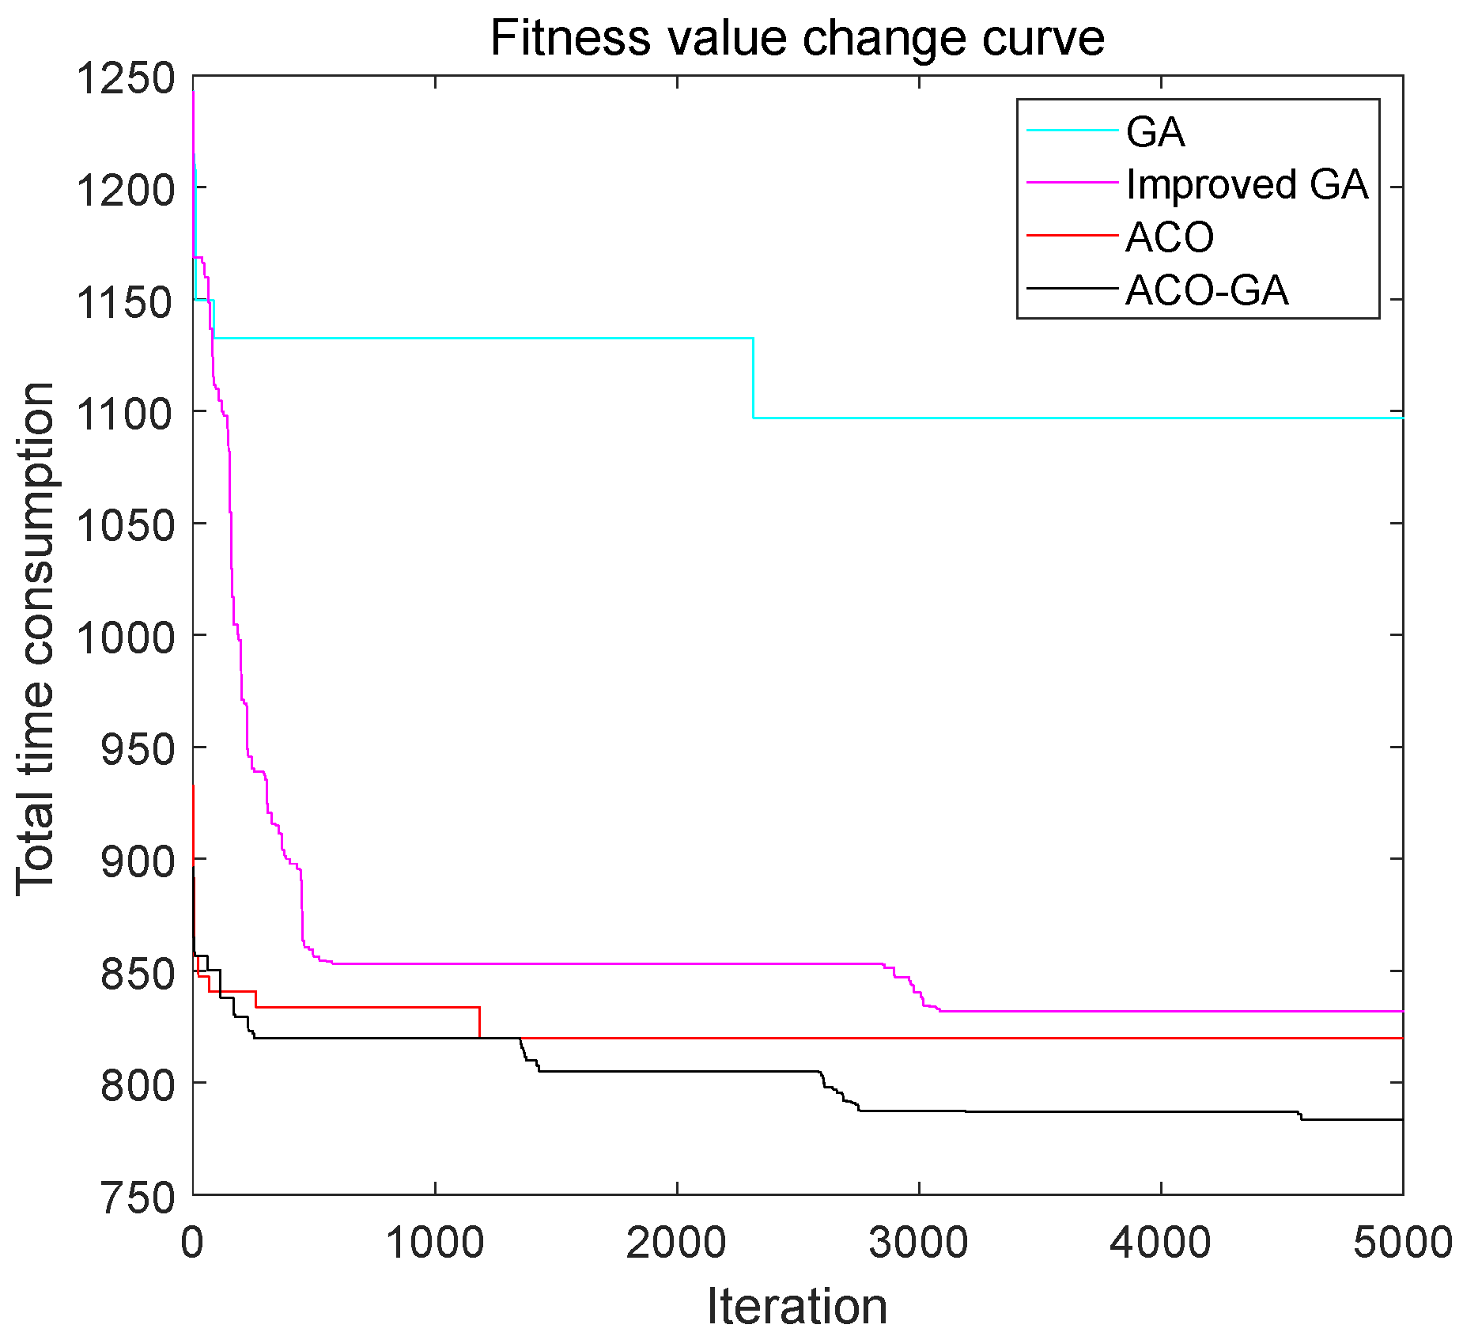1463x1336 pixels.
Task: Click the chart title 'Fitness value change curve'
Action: coord(797,38)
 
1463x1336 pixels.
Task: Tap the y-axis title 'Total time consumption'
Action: coord(36,639)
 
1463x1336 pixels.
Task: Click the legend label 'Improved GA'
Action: coord(1247,184)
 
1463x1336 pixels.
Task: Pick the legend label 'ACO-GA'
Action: coord(1207,290)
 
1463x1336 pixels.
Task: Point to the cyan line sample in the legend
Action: coord(1072,131)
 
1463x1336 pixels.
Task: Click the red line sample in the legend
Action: coord(1072,235)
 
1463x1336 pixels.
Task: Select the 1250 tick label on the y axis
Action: coord(125,78)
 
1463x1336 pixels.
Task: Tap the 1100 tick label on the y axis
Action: coord(125,413)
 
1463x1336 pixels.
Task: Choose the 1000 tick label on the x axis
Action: coord(434,1243)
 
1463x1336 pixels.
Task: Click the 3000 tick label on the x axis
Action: coord(918,1243)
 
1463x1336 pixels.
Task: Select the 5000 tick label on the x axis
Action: coord(1402,1243)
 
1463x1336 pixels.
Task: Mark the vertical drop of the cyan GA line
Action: coord(754,378)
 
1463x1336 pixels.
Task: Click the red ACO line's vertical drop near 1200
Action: coord(480,1022)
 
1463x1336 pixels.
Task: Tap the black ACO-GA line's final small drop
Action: coord(1301,1116)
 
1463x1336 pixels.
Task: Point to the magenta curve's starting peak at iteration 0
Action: coord(194,93)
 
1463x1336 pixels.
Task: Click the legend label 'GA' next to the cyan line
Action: coord(1155,132)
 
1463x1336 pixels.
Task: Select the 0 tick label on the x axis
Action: coord(192,1243)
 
